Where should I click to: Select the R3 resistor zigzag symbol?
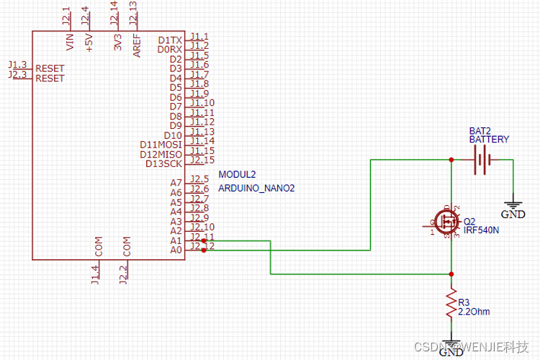coord(451,306)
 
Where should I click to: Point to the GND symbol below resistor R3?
coord(451,348)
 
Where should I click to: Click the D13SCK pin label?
coord(163,163)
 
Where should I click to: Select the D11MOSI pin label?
coord(161,145)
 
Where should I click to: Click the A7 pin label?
coord(176,183)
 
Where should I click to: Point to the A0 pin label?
coord(176,250)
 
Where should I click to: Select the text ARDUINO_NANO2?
coord(256,189)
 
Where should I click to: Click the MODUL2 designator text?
coord(237,175)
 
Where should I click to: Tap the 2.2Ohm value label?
coord(474,312)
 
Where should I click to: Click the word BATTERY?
coord(489,140)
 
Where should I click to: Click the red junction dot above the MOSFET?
coord(451,160)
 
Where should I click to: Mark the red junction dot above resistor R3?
coord(451,274)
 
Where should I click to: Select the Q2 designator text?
coord(469,221)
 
